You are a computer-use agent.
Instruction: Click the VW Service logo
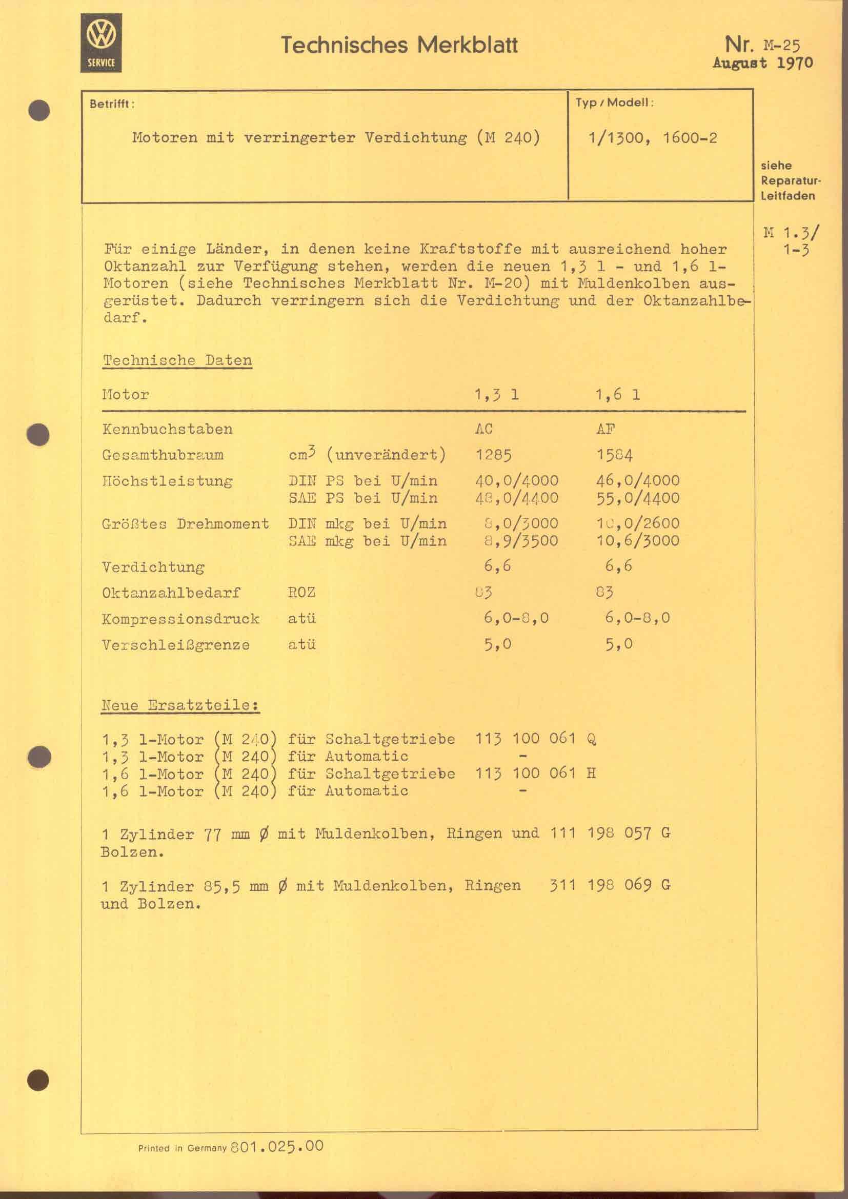coord(101,43)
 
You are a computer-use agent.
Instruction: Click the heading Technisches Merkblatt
coord(399,45)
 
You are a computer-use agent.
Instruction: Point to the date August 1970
coord(762,64)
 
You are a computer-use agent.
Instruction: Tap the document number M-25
coord(781,46)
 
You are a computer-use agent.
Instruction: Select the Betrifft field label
coord(112,104)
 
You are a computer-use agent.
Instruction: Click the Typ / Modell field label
coord(614,103)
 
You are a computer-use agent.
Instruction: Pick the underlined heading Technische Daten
coord(177,360)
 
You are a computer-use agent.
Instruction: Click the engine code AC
coord(483,429)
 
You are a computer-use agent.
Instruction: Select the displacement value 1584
coord(614,455)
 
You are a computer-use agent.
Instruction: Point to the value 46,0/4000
coord(637,480)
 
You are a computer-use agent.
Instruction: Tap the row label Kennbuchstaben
coord(167,429)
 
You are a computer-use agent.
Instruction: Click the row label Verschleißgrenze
coord(175,645)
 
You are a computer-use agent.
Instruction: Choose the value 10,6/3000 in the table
coord(637,540)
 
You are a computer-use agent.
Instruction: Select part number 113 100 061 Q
coord(535,739)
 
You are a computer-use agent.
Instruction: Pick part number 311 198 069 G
coord(610,886)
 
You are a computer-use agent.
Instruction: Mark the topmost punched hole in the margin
coord(38,111)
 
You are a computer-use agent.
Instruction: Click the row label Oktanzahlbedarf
coord(171,593)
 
